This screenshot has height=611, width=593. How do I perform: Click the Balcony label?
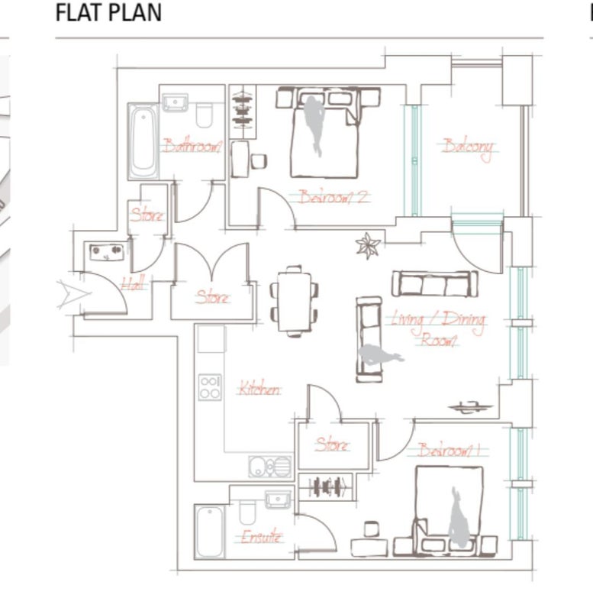click(468, 148)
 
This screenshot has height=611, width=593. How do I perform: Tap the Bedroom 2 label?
click(334, 197)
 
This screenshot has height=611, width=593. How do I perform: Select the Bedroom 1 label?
click(449, 451)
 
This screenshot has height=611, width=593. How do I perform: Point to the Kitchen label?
click(259, 388)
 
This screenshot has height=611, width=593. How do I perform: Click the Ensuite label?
click(261, 537)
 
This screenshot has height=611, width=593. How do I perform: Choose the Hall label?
click(133, 283)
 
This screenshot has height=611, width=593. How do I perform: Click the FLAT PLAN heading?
click(108, 12)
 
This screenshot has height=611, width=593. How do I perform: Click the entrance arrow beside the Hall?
click(73, 294)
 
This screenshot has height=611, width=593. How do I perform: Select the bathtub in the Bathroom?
click(143, 141)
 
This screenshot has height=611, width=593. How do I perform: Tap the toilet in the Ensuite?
click(247, 512)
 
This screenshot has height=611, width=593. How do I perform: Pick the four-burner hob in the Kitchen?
click(210, 387)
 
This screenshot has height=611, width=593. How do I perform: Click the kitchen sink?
click(270, 467)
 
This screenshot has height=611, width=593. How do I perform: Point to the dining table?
click(295, 302)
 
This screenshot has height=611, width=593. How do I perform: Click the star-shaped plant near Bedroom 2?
click(368, 245)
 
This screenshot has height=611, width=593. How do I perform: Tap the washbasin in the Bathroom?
click(175, 102)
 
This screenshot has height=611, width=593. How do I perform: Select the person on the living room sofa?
click(380, 355)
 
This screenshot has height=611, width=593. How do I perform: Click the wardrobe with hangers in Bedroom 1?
click(327, 487)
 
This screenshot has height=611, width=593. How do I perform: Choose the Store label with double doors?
click(213, 297)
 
